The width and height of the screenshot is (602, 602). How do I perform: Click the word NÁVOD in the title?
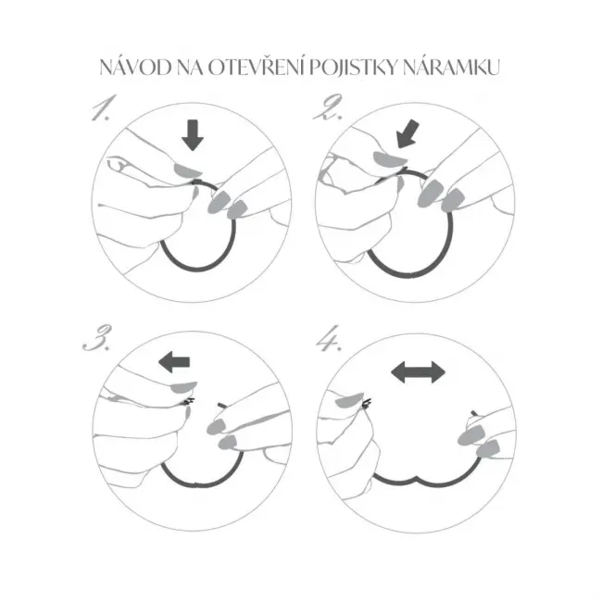coord(135,68)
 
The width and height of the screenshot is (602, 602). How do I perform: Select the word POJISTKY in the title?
coord(354,68)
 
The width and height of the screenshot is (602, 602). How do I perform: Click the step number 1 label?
coord(102,107)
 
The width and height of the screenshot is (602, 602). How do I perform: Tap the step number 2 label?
coord(328,107)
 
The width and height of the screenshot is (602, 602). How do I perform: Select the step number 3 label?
coord(97,337)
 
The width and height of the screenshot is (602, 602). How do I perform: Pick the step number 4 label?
coord(328,339)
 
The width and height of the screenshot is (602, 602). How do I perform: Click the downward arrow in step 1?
coord(193,135)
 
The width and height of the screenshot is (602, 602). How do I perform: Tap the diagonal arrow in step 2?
coord(408,133)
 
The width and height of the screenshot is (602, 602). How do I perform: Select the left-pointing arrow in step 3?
coord(174,362)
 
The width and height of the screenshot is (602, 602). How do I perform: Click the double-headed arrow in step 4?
coord(418,372)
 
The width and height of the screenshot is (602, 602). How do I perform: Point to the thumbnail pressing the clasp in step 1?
coord(188,170)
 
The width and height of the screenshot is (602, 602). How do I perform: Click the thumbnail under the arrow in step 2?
coord(389,158)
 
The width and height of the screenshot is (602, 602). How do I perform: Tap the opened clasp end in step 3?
coord(188,402)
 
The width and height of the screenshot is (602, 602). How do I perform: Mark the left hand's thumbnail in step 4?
coord(348,400)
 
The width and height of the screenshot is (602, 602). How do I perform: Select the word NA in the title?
coord(190,69)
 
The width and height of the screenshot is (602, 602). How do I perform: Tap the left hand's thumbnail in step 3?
coord(183,388)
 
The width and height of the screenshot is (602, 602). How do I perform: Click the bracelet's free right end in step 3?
coord(219,405)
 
